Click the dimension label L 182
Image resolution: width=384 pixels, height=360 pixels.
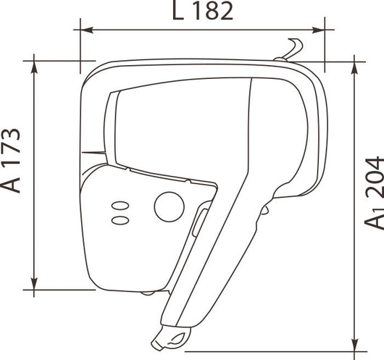[203, 10]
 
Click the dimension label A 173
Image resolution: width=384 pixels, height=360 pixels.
[10, 160]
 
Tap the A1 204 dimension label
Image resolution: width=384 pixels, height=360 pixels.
[374, 193]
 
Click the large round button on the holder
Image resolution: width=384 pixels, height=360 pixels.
[169, 206]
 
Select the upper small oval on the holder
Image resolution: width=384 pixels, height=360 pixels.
[120, 206]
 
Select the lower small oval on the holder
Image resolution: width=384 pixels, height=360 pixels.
[120, 220]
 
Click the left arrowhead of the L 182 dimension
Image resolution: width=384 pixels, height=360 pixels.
[87, 30]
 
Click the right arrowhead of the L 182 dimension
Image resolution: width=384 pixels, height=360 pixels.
[318, 30]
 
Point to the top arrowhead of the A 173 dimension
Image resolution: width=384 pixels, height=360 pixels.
[34, 67]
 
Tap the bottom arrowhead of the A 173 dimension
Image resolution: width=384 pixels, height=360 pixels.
[34, 284]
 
